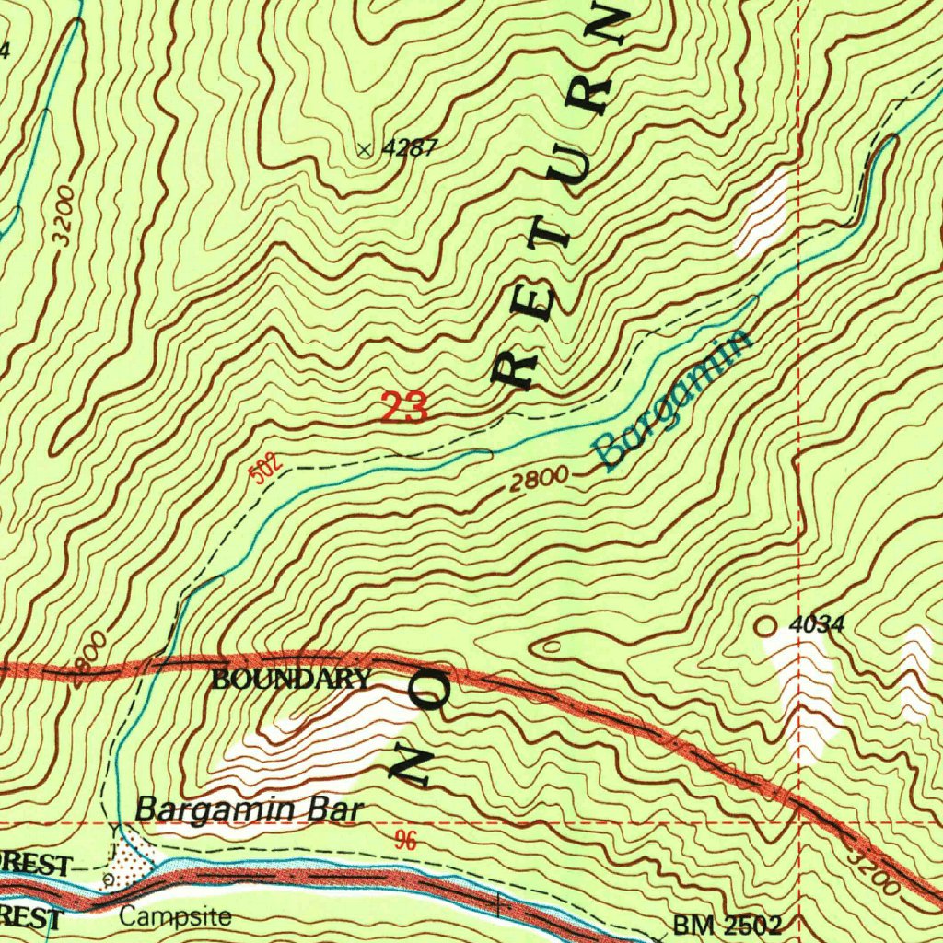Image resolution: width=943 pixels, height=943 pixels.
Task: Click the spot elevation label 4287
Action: [x=411, y=148]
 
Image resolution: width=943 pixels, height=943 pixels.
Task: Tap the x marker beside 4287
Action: [x=367, y=149]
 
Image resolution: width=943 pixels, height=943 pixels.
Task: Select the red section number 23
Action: [x=404, y=407]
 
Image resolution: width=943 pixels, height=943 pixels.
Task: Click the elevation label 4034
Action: [x=816, y=625]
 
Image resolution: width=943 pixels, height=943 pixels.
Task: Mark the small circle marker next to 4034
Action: [x=764, y=625]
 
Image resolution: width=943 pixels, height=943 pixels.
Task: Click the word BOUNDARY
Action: [x=291, y=681]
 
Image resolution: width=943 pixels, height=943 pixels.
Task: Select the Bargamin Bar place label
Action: [x=250, y=810]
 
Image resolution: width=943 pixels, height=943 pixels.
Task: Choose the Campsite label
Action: [x=175, y=917]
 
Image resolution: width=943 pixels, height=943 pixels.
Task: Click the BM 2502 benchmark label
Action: [x=727, y=925]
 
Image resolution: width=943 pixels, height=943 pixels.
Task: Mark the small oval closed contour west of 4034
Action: [x=550, y=647]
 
